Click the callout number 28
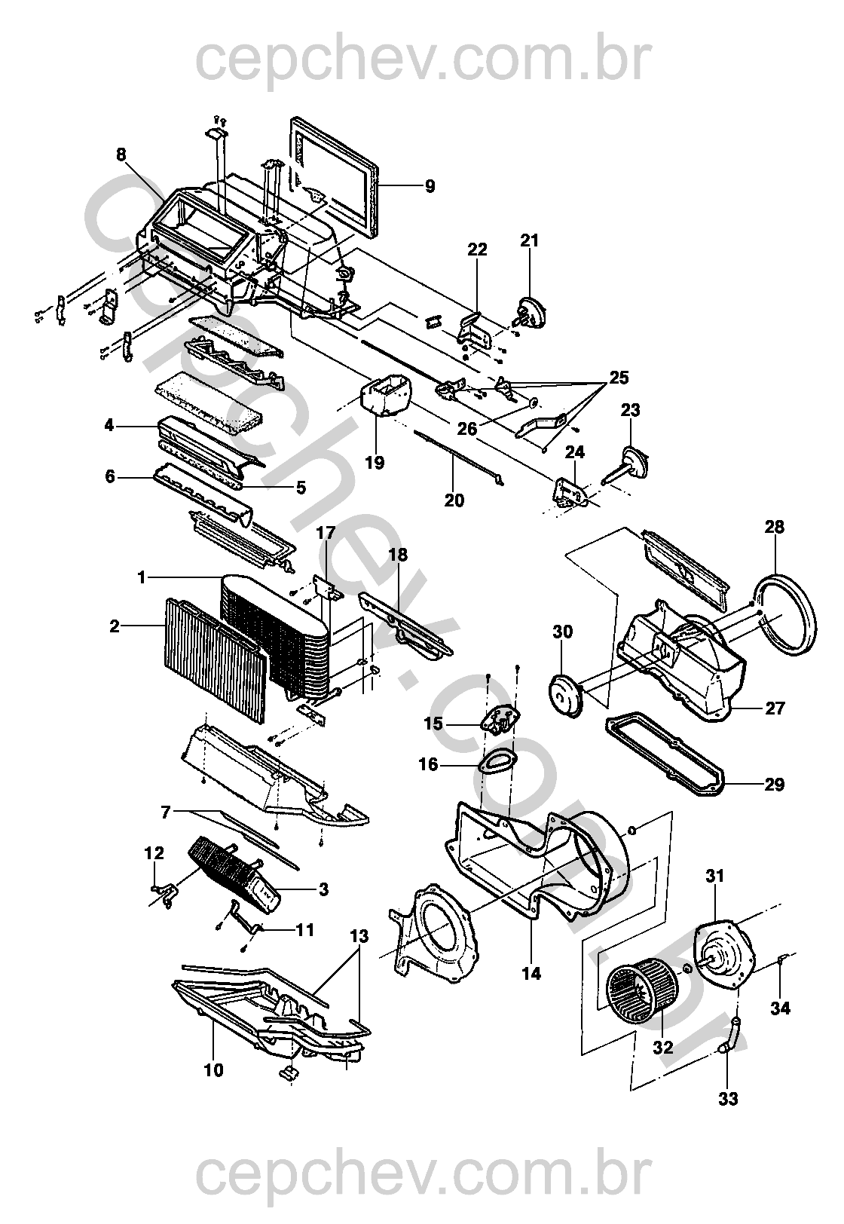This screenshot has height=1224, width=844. click(774, 528)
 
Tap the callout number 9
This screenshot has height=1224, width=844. click(430, 186)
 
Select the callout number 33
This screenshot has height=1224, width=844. click(727, 1100)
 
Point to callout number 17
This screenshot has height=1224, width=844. click(325, 533)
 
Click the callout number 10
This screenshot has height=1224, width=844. click(214, 1070)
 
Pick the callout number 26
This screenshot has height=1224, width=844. click(468, 428)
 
